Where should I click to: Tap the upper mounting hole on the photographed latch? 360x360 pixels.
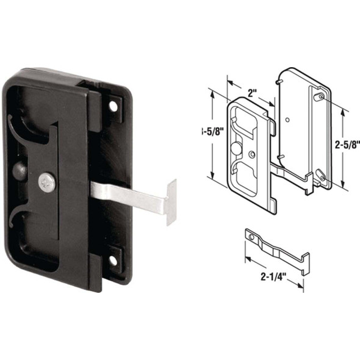[x=113, y=106]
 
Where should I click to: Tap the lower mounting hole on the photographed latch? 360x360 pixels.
[x=113, y=261]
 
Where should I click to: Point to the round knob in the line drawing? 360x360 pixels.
[x=236, y=149]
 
